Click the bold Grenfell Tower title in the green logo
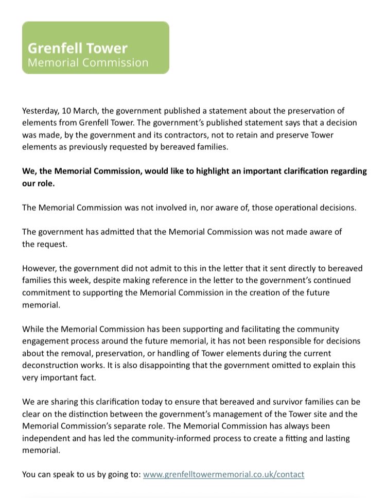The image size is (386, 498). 77,48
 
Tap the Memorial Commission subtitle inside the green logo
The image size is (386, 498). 87,63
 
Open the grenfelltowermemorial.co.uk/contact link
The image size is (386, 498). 223,474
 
